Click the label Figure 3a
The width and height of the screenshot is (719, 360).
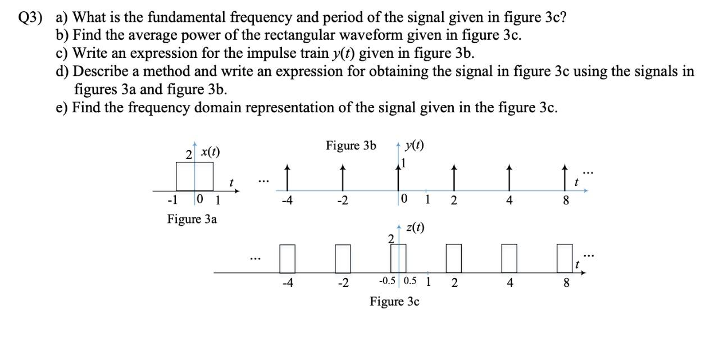192,219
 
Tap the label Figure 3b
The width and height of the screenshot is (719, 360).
351,146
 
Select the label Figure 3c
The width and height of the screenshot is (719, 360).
394,302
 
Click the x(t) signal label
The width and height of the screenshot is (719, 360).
211,152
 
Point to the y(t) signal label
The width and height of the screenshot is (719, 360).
415,145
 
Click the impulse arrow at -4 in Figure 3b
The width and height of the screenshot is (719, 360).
287,176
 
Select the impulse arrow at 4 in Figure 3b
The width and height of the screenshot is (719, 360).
509,176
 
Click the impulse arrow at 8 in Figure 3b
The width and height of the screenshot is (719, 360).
565,176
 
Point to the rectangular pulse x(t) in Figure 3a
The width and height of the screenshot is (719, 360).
195,176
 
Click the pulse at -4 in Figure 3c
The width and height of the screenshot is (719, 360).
287,258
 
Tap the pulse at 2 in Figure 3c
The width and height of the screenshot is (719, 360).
454,258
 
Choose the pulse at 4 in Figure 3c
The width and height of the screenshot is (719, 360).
509,258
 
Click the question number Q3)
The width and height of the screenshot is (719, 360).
31,18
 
